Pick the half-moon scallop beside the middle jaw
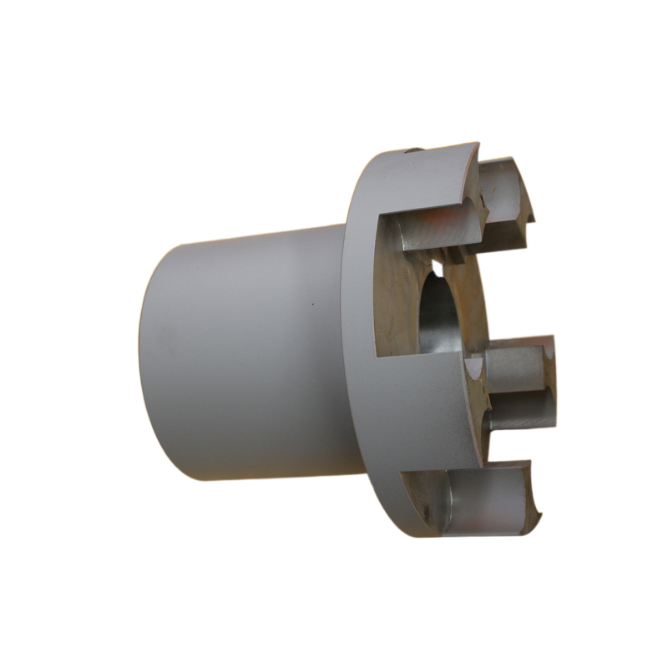coord(474,366)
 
